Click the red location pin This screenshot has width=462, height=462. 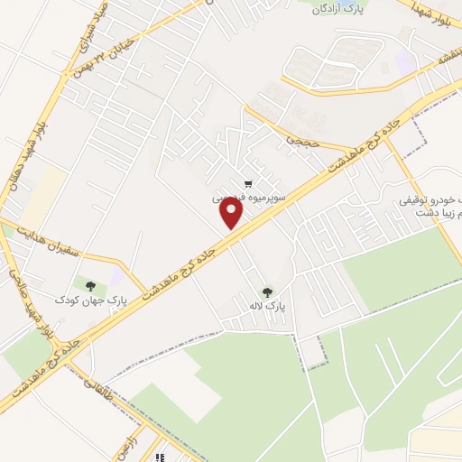coord(233,213)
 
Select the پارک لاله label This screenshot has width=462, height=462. coord(268,307)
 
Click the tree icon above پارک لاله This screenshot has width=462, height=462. coord(267,291)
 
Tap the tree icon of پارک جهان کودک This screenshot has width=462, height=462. coord(88,284)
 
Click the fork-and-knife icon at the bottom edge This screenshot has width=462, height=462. coord(161,457)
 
